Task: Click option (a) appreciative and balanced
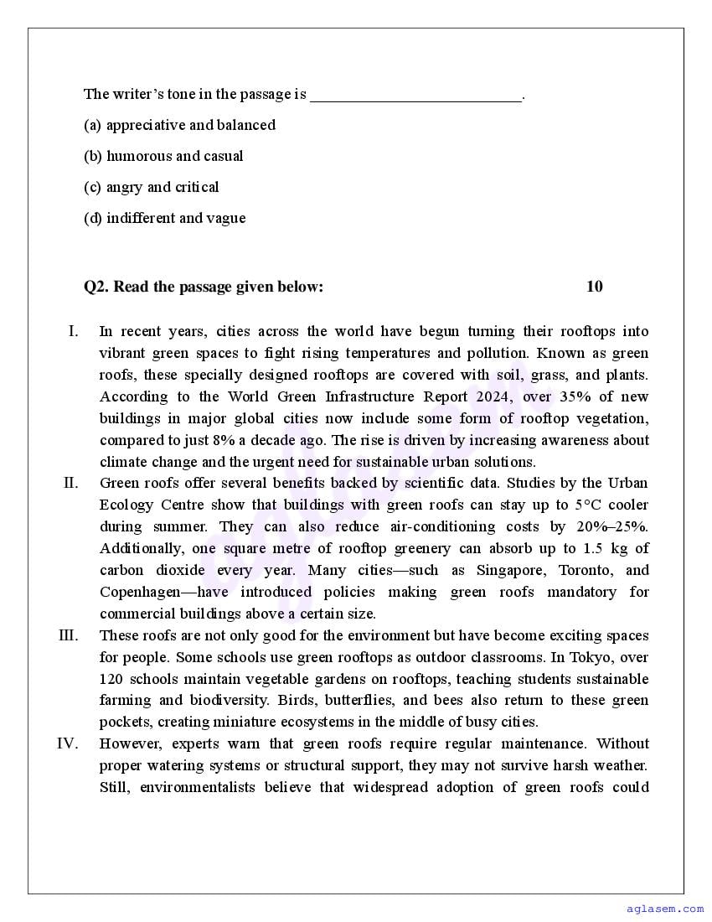click(179, 125)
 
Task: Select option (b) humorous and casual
click(163, 156)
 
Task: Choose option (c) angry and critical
click(152, 187)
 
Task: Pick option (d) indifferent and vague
click(164, 218)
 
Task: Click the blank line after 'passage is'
click(416, 96)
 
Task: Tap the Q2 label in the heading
click(96, 287)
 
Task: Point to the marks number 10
click(594, 287)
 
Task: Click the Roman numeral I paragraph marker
click(74, 331)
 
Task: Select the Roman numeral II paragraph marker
click(71, 483)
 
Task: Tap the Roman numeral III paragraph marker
click(69, 635)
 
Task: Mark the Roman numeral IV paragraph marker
click(68, 743)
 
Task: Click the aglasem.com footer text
click(665, 908)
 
